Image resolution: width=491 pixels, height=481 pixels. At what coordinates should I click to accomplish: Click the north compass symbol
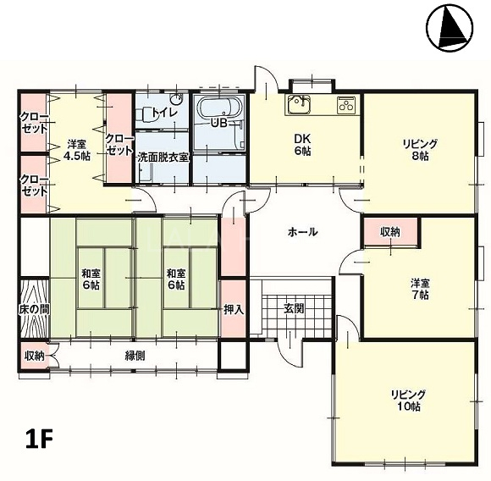click(450, 28)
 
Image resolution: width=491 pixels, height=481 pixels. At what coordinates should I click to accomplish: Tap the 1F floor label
click(39, 439)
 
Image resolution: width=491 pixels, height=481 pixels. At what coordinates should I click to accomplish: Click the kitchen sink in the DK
click(297, 104)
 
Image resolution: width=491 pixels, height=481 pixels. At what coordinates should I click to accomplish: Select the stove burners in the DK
click(346, 104)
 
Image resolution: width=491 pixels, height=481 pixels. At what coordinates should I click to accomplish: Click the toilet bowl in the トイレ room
click(145, 114)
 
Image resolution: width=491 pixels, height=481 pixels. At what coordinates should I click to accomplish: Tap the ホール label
click(302, 232)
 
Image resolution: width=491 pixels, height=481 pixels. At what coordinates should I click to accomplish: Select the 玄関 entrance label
click(294, 308)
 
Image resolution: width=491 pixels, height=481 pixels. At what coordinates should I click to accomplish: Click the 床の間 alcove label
click(34, 309)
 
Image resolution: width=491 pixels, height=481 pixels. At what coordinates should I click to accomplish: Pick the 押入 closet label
click(234, 309)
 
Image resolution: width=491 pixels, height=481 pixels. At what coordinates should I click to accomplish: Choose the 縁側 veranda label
click(135, 356)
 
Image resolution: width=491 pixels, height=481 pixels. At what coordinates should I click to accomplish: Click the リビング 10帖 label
click(408, 401)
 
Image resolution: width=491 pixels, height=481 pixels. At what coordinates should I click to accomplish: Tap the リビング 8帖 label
click(420, 150)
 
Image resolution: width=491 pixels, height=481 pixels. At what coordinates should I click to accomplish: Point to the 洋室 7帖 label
click(420, 289)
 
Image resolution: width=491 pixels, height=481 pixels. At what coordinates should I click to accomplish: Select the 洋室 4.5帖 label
click(77, 150)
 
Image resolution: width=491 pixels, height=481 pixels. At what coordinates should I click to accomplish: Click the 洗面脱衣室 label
click(163, 158)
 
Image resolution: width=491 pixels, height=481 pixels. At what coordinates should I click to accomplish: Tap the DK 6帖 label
click(302, 144)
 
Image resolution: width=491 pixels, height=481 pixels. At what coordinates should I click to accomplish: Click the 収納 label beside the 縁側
click(35, 356)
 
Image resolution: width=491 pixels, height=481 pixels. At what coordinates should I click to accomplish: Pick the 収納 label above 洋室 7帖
click(390, 232)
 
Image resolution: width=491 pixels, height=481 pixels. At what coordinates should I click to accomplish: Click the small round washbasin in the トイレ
click(176, 100)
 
